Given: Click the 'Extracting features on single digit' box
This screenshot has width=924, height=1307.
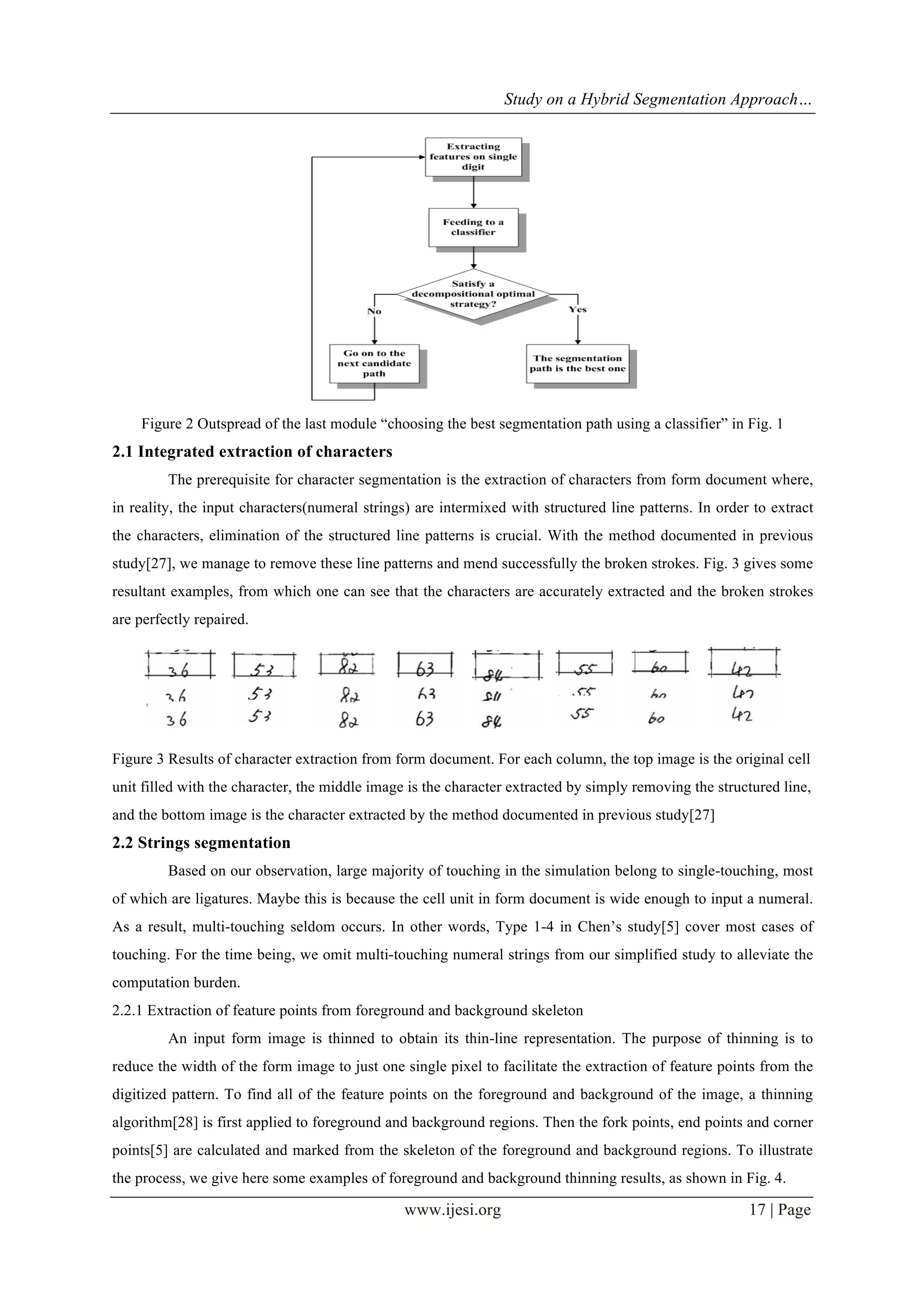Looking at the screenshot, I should tap(473, 157).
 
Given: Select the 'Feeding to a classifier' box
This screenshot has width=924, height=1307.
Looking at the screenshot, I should tap(473, 227).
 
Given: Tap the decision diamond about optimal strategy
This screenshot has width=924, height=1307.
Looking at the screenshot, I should tap(473, 294).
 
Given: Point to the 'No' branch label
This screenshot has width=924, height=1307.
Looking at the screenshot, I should tap(374, 311).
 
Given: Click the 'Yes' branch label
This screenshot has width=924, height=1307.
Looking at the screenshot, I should tap(577, 310).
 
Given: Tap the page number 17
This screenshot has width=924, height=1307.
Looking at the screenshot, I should tap(757, 1209).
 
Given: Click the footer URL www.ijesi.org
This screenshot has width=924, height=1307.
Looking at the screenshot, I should tap(453, 1209).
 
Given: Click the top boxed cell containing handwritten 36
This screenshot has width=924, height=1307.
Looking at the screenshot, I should tap(179, 664).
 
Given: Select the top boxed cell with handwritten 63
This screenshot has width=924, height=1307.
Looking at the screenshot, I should tap(425, 664).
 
